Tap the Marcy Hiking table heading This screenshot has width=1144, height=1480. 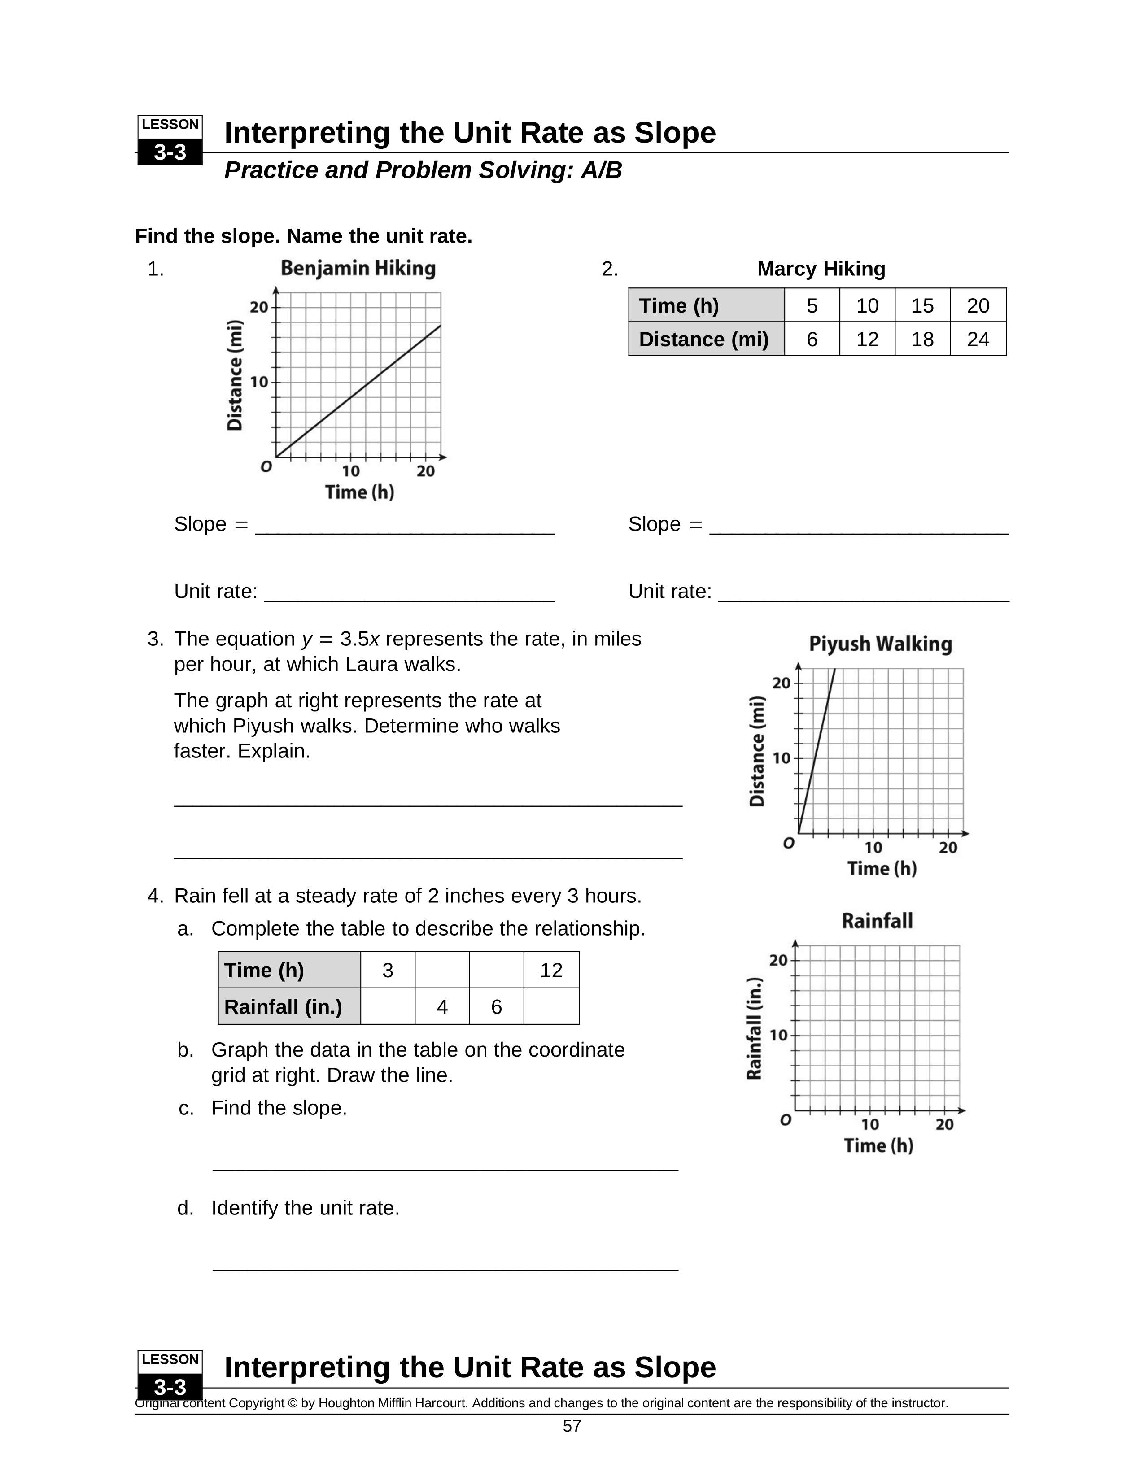pyautogui.click(x=821, y=269)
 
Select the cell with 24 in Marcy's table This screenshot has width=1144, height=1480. pyautogui.click(x=978, y=339)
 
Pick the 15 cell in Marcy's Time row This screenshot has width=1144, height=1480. pyautogui.click(x=922, y=305)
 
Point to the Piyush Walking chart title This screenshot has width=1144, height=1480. pyautogui.click(x=880, y=644)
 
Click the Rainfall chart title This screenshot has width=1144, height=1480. pyautogui.click(x=877, y=920)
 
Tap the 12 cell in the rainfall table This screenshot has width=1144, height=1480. pyautogui.click(x=551, y=971)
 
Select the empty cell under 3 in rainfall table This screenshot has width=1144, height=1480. pyautogui.click(x=388, y=1006)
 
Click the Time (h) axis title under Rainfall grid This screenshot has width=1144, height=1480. pyautogui.click(x=878, y=1145)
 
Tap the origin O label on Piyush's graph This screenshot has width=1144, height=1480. pyautogui.click(x=788, y=844)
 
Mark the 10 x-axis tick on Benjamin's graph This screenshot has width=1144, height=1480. pyautogui.click(x=350, y=471)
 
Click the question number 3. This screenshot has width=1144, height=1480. pyautogui.click(x=155, y=639)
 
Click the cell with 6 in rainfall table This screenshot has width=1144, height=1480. pyautogui.click(x=496, y=1006)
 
